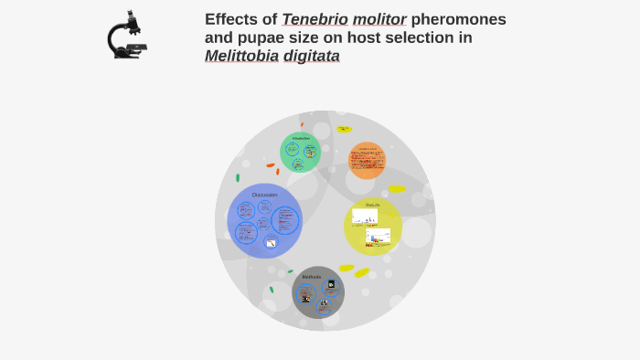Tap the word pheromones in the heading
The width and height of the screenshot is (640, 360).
point(458,19)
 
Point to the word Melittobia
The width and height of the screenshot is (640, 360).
point(244,56)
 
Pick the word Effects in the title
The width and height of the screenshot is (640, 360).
point(231,19)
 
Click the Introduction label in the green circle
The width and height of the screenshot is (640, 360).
point(300,138)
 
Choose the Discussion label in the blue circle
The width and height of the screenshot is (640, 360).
point(264,195)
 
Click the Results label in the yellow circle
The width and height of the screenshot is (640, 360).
point(372,205)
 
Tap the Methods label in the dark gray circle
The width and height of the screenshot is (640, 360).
point(311,277)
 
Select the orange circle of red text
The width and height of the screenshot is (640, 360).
point(368,160)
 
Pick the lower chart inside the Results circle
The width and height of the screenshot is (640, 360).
point(378,237)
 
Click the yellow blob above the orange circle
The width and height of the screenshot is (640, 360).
point(344,130)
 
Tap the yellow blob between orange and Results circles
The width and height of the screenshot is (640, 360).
point(396,189)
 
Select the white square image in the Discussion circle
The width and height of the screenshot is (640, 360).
point(271,242)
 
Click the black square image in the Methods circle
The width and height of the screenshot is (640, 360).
point(330,285)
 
